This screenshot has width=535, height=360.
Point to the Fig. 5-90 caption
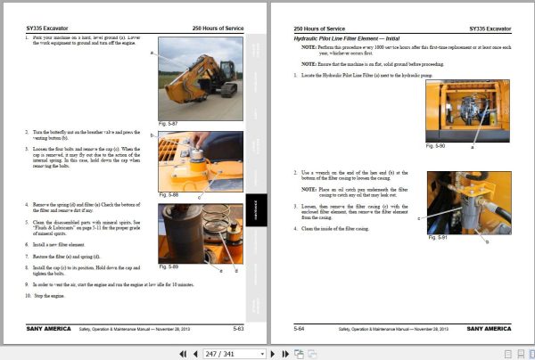(x=434, y=145)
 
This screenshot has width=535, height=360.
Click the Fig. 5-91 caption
(x=437, y=238)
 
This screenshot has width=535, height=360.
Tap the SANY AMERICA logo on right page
(x=486, y=329)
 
